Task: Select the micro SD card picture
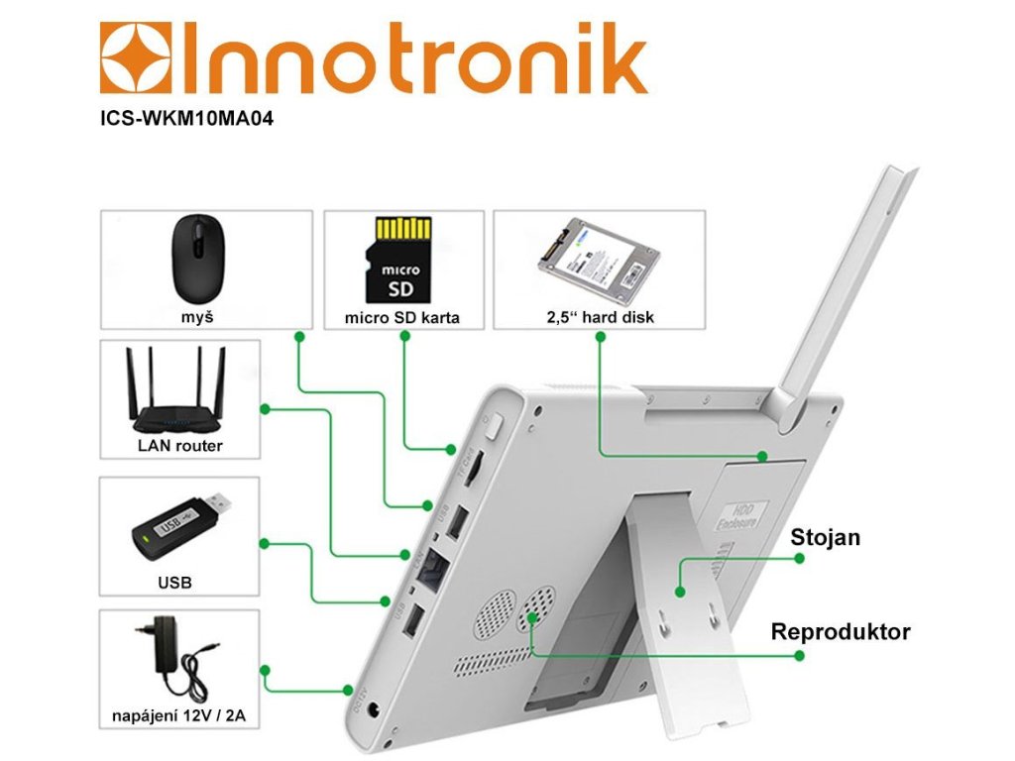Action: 401,261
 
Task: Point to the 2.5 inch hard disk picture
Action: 599,261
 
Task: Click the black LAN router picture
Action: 179,393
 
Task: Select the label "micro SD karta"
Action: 402,319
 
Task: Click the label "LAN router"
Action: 179,446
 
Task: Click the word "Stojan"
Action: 825,538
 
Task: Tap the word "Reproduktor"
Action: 841,631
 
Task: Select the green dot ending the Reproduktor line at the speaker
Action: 532,617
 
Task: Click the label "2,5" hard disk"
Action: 600,319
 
